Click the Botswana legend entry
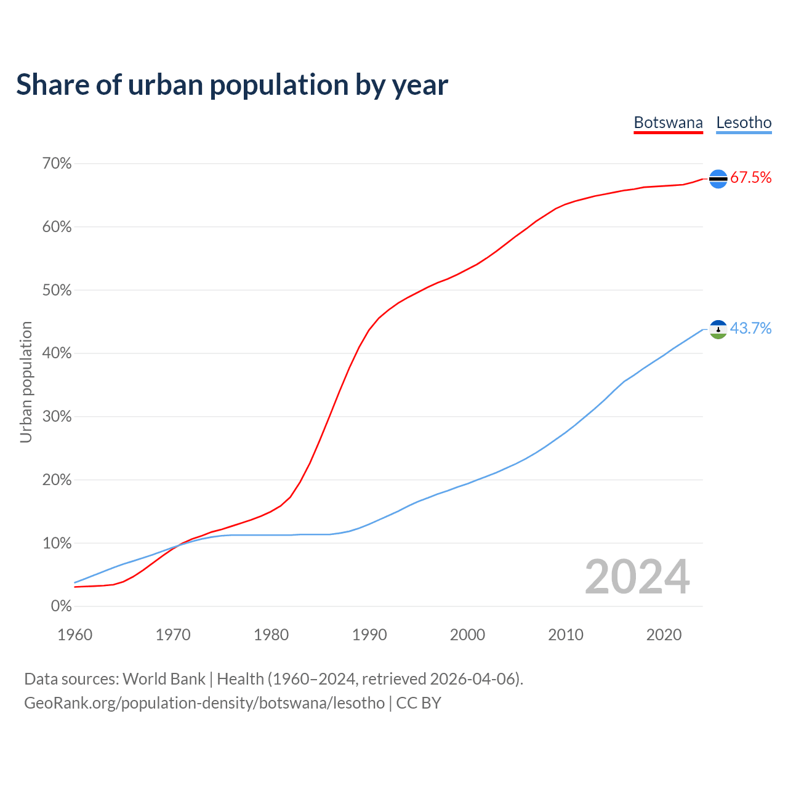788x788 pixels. tap(668, 123)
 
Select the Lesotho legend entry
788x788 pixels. tap(744, 123)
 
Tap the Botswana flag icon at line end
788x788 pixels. tap(718, 179)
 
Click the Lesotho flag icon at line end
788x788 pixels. tap(718, 329)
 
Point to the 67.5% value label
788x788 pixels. tap(751, 178)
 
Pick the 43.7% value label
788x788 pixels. tap(751, 329)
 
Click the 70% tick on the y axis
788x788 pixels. tap(57, 164)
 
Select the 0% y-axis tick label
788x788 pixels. tap(61, 606)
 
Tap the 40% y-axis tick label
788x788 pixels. tap(57, 353)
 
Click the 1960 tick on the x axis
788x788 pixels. tap(74, 635)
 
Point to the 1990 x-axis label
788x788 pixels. tap(369, 635)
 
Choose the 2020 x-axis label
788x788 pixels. tap(664, 635)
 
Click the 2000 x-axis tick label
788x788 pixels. tap(467, 635)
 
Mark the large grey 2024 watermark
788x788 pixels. tap(637, 577)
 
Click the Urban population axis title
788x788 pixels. tap(26, 382)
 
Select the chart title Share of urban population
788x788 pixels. tap(232, 85)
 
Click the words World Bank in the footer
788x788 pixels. tap(164, 679)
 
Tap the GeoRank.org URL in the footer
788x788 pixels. tap(204, 703)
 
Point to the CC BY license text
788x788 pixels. tap(419, 703)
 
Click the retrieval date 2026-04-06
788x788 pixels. tap(475, 679)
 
